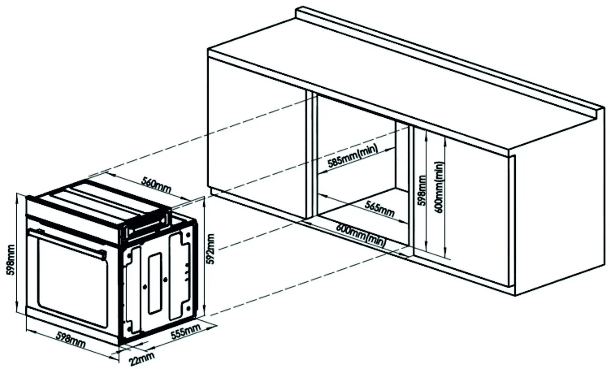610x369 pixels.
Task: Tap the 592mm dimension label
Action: tap(210, 249)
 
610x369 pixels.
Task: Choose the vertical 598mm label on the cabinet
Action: tap(422, 191)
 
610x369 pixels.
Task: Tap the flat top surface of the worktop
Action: tap(380, 79)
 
